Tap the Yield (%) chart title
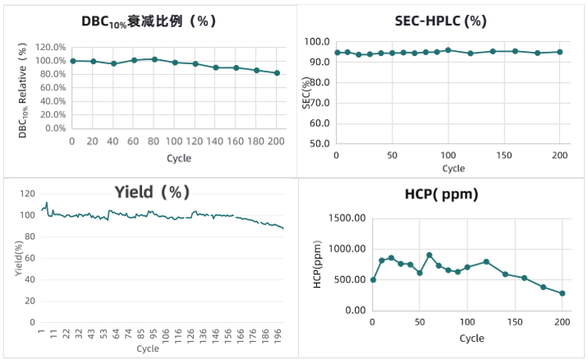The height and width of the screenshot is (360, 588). (152, 192)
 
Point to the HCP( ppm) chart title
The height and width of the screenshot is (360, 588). (441, 194)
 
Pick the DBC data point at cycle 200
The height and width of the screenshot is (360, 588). (277, 73)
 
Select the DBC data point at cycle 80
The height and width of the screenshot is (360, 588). (154, 59)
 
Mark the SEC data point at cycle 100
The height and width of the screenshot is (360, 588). (448, 50)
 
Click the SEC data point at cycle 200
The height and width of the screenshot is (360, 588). (559, 52)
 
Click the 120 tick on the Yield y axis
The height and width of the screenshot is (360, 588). (28, 194)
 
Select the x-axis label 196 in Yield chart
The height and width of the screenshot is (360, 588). (278, 335)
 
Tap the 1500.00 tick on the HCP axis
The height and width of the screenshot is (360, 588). (347, 218)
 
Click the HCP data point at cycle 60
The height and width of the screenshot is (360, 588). (430, 255)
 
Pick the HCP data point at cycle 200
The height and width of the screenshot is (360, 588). (563, 293)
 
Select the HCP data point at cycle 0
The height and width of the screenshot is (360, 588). (373, 279)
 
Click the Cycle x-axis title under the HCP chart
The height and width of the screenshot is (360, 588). (471, 338)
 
